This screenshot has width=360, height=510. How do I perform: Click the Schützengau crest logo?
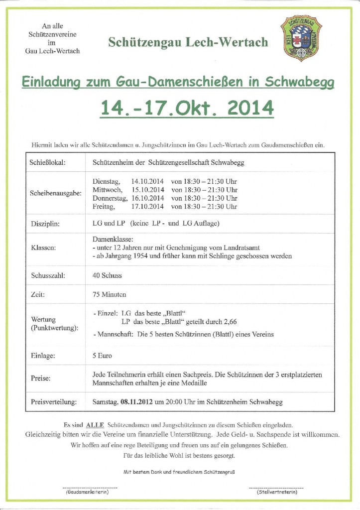click(301, 38)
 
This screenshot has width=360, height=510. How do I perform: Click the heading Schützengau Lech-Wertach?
click(188, 42)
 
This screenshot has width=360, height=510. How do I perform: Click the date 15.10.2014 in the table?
click(148, 190)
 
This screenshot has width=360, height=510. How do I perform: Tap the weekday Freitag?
click(104, 206)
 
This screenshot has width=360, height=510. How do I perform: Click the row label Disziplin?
click(45, 224)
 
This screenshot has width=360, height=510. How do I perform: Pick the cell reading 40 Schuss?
click(107, 275)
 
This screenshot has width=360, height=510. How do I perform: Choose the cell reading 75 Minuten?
click(110, 294)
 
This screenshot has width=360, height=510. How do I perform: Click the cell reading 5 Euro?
click(102, 356)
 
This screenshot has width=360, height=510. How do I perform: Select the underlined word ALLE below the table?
click(95, 424)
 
